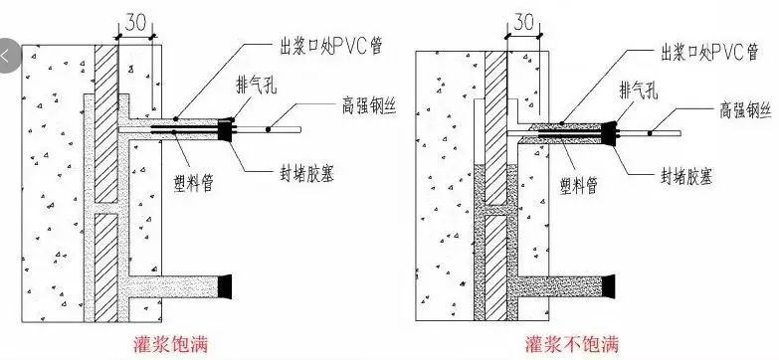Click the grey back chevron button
8,56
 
